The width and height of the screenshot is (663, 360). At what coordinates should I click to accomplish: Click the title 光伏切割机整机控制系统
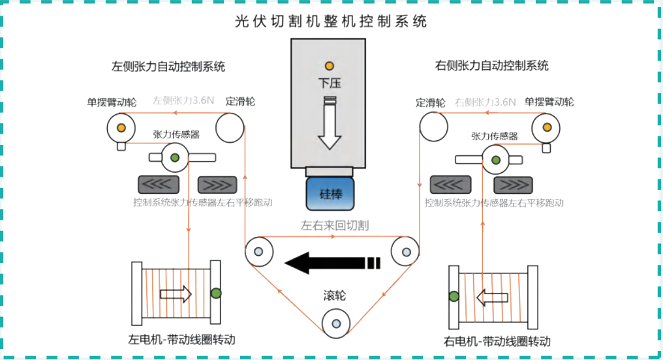pyautogui.click(x=331, y=22)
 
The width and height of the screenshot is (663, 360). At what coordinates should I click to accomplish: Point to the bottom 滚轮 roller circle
pyautogui.click(x=335, y=322)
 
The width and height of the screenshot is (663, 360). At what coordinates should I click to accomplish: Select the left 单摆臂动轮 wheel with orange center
pyautogui.click(x=121, y=127)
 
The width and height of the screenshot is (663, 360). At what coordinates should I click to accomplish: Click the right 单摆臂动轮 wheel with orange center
pyautogui.click(x=546, y=127)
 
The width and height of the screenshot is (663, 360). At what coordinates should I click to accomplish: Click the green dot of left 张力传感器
pyautogui.click(x=175, y=157)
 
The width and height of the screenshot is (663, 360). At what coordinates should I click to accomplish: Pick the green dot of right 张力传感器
pyautogui.click(x=496, y=160)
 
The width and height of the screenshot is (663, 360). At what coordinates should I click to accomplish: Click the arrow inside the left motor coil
pyautogui.click(x=176, y=294)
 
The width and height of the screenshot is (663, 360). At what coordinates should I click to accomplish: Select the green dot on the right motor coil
pyautogui.click(x=453, y=297)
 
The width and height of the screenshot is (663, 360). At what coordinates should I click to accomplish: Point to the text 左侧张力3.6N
pyautogui.click(x=183, y=102)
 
